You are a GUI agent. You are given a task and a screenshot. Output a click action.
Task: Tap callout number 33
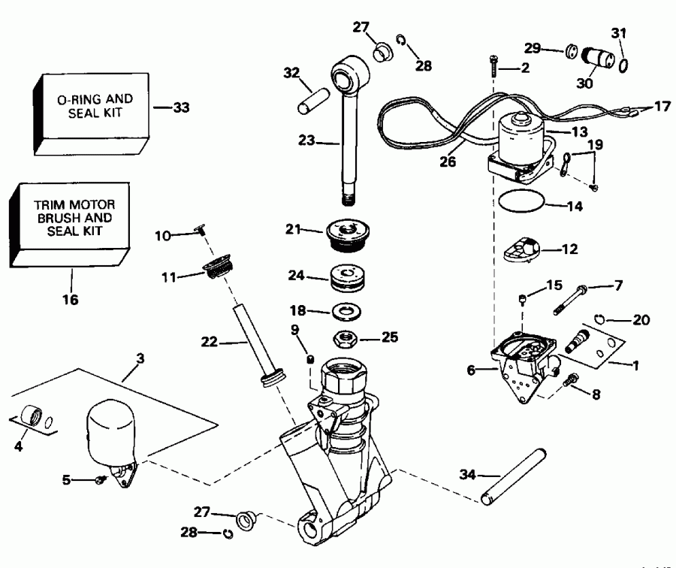pyautogui.click(x=181, y=107)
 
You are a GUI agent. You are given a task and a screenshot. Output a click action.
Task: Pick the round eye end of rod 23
pyautogui.click(x=350, y=76)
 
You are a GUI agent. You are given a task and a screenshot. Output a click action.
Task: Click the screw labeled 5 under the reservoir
pyautogui.click(x=100, y=479)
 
